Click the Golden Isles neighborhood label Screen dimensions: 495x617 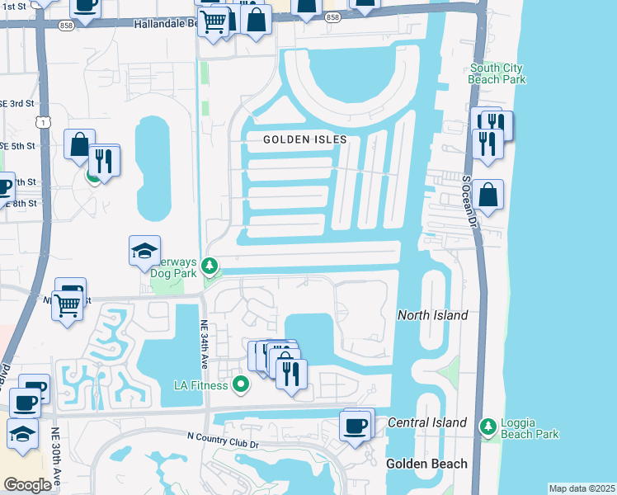click(304, 139)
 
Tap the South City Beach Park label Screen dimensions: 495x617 click(497, 73)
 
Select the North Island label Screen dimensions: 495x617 click(432, 315)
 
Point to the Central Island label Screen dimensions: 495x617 click(427, 422)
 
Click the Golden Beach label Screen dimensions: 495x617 click(426, 464)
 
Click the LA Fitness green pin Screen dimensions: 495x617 click(241, 384)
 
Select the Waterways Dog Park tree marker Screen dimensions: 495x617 click(210, 266)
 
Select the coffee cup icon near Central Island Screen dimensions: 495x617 click(356, 427)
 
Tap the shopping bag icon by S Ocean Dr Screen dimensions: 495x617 click(488, 196)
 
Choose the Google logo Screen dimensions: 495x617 click(28, 485)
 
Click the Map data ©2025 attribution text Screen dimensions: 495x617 click(581, 488)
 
